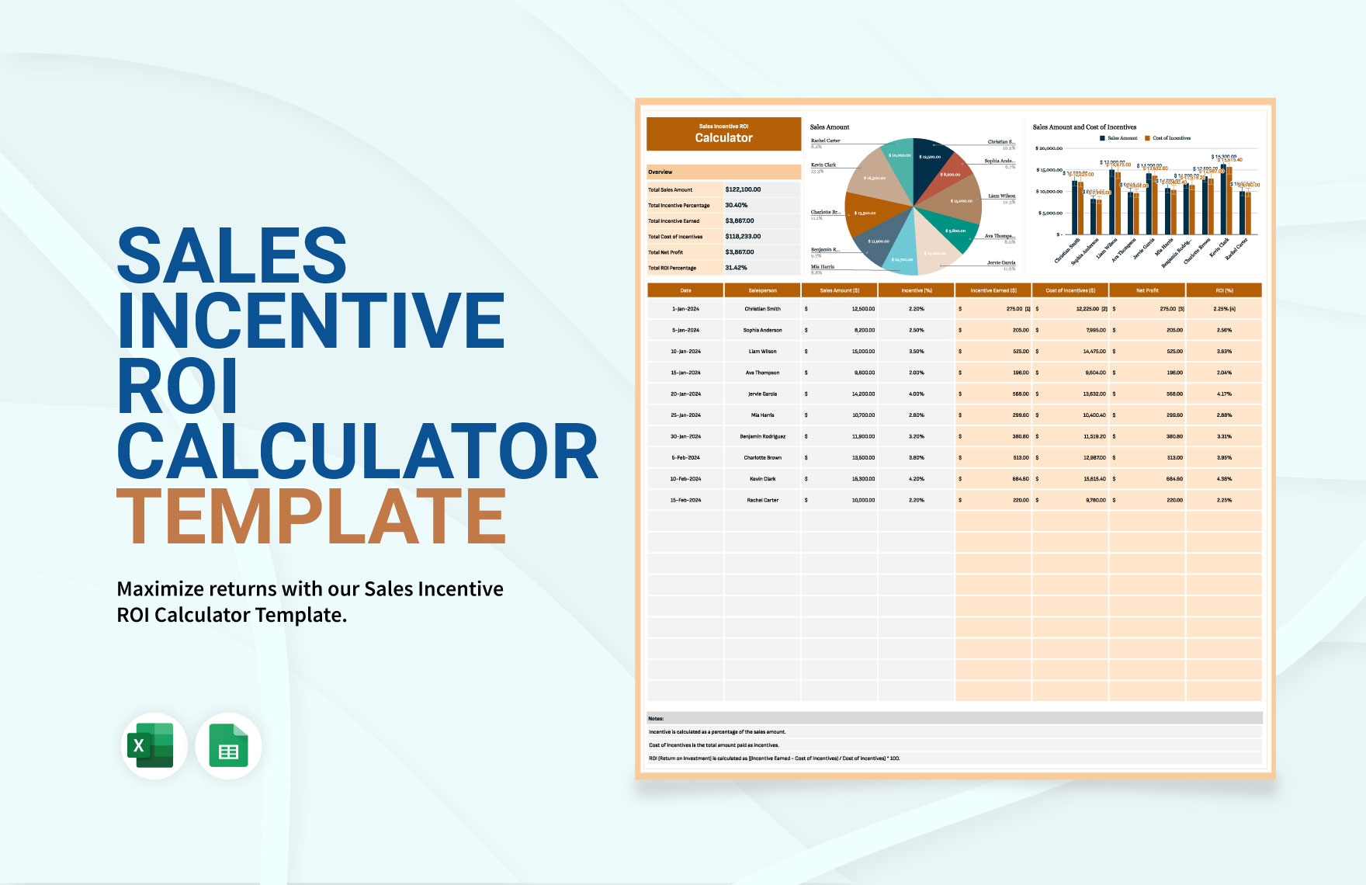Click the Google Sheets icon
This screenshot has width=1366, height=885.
coord(228,746)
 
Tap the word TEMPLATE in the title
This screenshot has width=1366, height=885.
coord(311,516)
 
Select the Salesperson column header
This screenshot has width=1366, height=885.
coord(762,290)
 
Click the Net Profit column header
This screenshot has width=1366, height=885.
coord(1147,290)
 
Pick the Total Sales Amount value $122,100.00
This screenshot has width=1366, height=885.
coord(743,189)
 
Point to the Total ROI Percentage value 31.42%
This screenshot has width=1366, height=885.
coord(736,268)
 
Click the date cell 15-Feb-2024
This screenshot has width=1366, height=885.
coord(685,500)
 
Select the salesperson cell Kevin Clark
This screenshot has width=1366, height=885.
coord(762,479)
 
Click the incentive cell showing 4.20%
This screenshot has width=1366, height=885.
coord(917,479)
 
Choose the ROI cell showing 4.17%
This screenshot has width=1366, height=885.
coord(1224,394)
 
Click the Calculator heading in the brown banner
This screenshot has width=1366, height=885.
coord(723,138)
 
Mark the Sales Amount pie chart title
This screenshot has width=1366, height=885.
coord(830,127)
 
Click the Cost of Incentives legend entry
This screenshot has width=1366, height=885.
coord(1171,138)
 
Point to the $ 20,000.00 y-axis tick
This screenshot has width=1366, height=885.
coord(1049,148)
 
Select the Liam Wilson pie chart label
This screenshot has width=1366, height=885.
coord(1001,196)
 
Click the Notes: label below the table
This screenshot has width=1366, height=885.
coord(656,719)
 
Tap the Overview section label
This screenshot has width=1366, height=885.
coord(660,172)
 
